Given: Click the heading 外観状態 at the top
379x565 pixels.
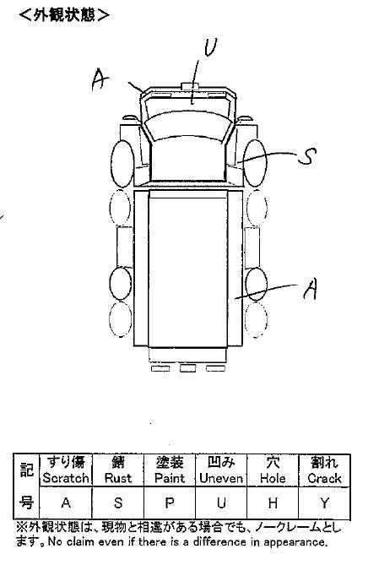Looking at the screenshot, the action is [64, 15].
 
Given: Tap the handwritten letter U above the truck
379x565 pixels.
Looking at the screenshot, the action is [211, 47].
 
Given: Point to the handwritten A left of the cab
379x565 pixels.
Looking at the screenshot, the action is [100, 79].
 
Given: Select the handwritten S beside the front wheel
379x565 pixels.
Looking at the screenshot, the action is [307, 157].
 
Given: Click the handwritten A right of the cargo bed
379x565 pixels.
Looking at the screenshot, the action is [310, 289].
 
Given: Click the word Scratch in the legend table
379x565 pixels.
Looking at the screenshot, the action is [66, 478].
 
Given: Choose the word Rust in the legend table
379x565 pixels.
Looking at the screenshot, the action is [118, 478].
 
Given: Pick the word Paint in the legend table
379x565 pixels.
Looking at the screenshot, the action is [170, 478].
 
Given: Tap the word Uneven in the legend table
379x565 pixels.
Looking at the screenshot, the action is [221, 478].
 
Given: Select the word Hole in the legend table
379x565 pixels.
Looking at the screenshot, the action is [273, 478].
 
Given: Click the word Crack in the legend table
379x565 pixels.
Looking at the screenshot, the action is [324, 478].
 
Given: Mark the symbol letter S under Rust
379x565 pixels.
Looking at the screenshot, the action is [118, 503].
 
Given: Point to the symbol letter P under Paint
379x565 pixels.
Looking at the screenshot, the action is [170, 503].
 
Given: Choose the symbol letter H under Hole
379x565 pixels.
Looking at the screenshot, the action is [273, 503].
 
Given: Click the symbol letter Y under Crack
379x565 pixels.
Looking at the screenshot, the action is [325, 503].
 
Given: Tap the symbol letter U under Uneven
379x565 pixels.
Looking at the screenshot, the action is [221, 503].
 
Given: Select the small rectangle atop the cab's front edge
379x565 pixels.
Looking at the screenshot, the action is [189, 86].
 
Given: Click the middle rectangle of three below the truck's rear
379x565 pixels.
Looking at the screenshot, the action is [187, 368].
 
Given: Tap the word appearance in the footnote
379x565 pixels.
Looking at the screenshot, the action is [295, 542].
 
